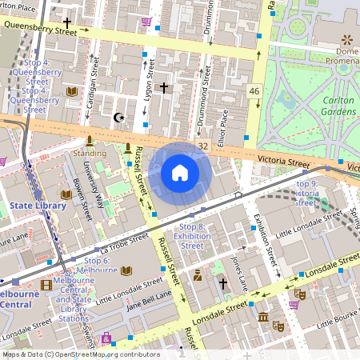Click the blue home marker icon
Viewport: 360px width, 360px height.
[x=180, y=173]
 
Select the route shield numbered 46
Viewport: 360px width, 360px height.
[x=254, y=92]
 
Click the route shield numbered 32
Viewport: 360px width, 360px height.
[x=203, y=146]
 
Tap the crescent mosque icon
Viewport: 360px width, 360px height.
[x=120, y=118]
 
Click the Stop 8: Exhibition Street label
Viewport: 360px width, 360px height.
[x=192, y=236]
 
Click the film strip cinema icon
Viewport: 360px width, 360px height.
[x=46, y=284]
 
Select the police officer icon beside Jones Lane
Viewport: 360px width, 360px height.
[x=197, y=276]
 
